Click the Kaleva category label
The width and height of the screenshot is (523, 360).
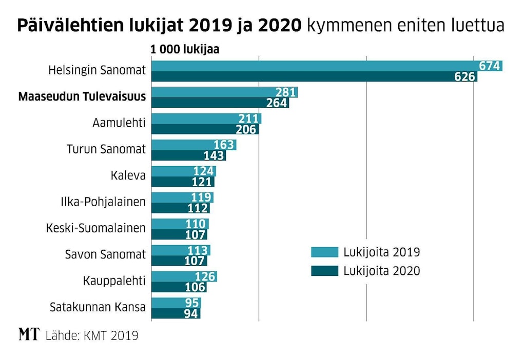tap(128, 176)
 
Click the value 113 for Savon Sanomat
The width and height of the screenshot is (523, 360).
tap(198, 250)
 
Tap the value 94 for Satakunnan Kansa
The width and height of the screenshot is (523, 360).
tap(191, 314)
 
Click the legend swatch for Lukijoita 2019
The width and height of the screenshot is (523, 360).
tap(324, 252)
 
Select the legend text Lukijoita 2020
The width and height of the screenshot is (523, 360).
tap(382, 271)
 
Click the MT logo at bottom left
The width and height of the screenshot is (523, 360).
tap(29, 335)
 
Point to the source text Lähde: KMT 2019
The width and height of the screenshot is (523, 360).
tap(92, 336)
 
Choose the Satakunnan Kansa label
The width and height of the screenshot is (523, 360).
tap(98, 307)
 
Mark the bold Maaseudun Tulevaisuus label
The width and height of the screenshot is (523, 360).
tap(82, 97)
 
